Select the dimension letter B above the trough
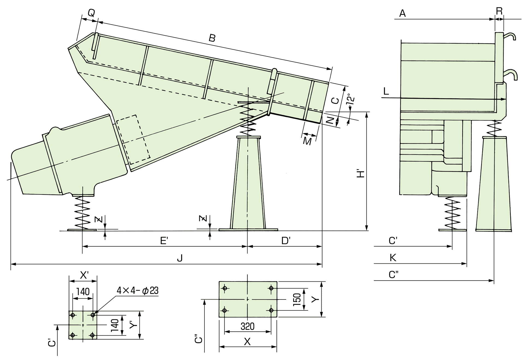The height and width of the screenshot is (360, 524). pyautogui.click(x=212, y=38)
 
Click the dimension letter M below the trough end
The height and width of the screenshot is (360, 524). pyautogui.click(x=308, y=141)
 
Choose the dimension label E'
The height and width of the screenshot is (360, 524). pyautogui.click(x=164, y=241)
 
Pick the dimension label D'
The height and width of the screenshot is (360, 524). pyautogui.click(x=286, y=241)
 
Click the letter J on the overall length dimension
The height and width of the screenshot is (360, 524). pyautogui.click(x=180, y=258)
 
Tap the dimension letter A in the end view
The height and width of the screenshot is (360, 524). pyautogui.click(x=402, y=13)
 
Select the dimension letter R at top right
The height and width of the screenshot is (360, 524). pyautogui.click(x=499, y=11)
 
